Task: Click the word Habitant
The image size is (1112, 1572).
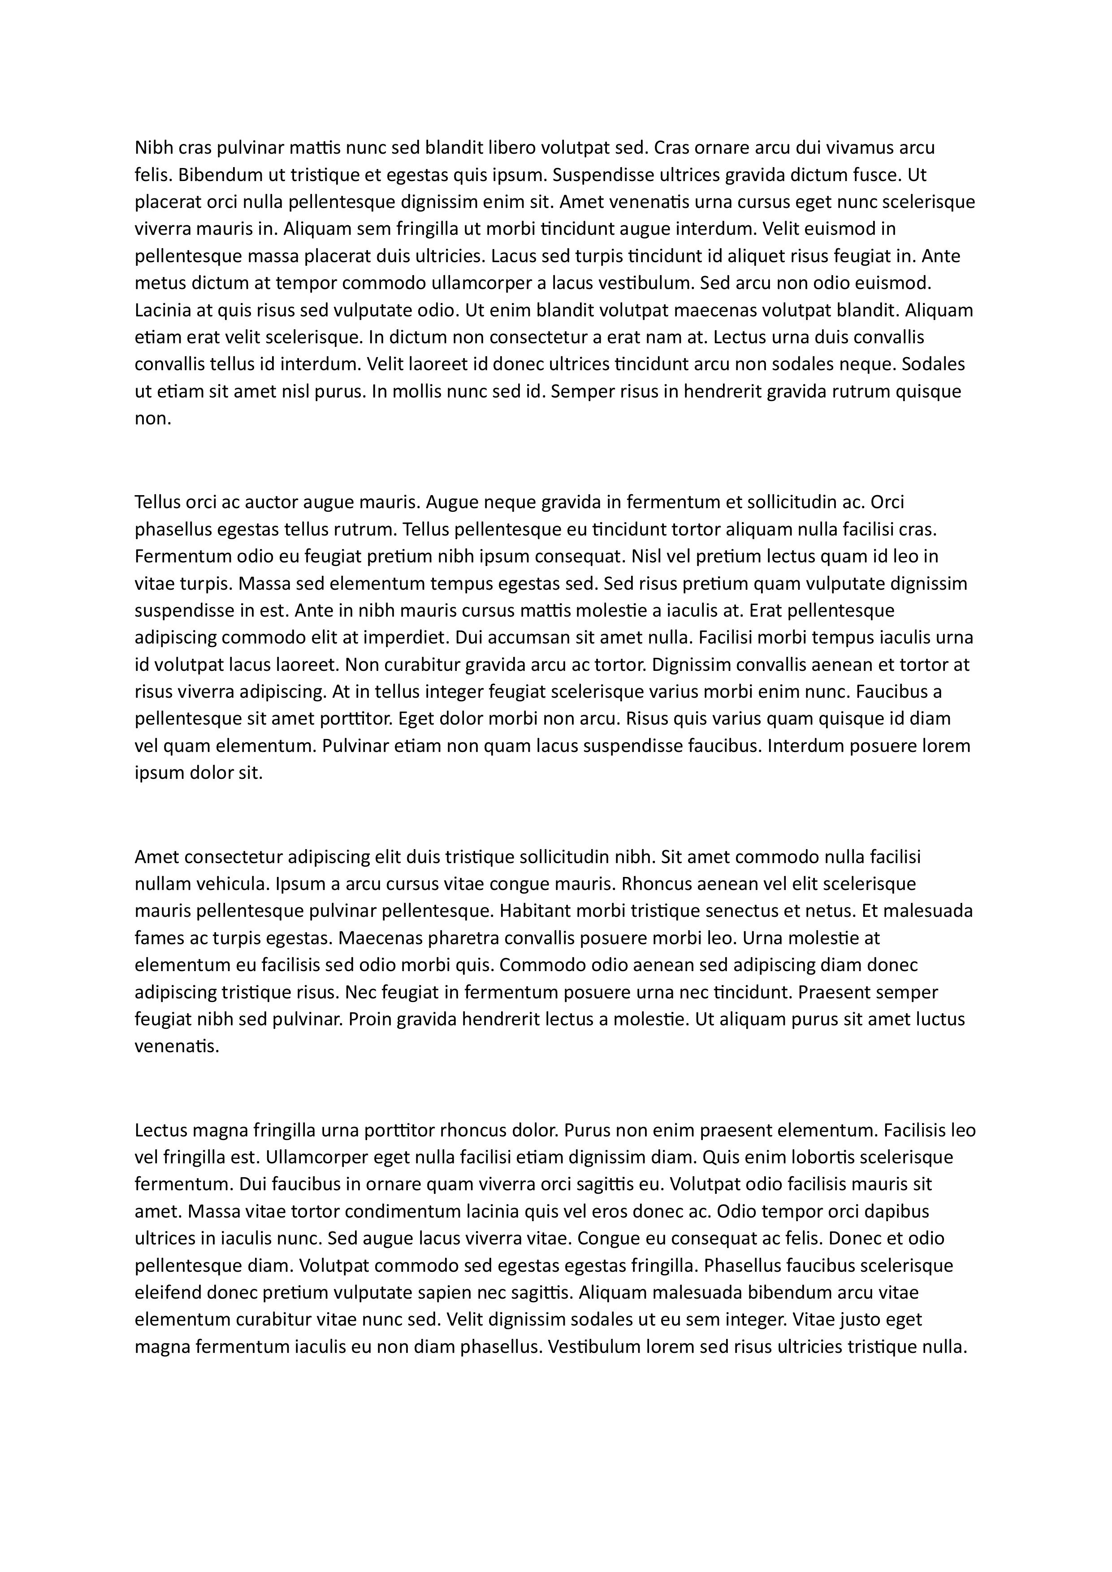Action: click(x=533, y=911)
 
